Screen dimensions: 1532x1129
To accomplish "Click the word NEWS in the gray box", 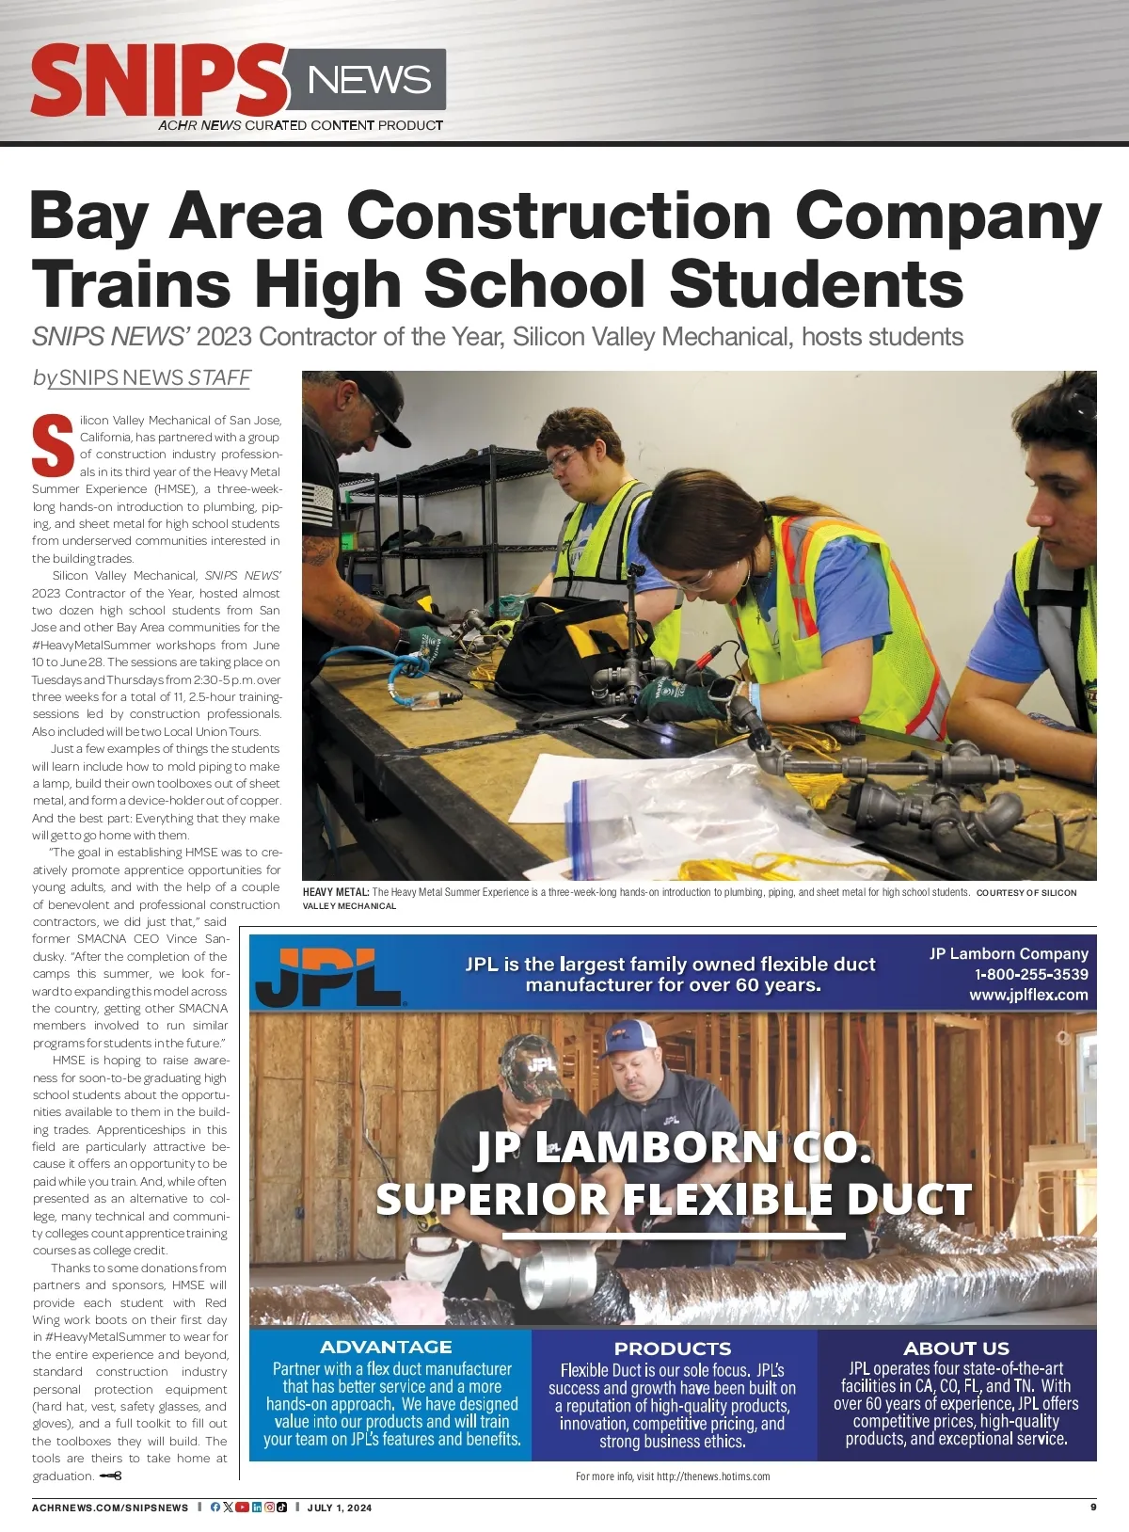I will (x=369, y=80).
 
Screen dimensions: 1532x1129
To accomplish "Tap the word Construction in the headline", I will (x=560, y=215).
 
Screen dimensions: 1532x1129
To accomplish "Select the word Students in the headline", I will (x=816, y=282).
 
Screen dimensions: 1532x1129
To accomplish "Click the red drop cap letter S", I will (x=53, y=444).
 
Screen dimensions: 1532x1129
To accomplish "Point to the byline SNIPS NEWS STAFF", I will (x=142, y=377).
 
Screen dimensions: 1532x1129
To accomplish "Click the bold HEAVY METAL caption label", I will (x=336, y=892).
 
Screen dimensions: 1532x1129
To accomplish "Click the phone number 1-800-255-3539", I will (x=1031, y=974).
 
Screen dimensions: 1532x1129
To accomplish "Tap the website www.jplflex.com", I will (x=1028, y=995).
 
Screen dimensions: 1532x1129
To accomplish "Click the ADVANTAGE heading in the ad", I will (x=386, y=1347).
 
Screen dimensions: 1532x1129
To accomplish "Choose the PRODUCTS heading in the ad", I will (x=673, y=1348).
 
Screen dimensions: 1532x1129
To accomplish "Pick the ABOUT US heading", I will (x=956, y=1348).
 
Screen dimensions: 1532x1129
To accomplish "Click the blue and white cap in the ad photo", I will (x=632, y=1037).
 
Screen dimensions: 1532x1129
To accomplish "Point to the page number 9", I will (x=1093, y=1507).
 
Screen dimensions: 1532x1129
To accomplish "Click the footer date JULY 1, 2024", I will (x=340, y=1508).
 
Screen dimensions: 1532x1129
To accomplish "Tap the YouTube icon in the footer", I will (x=242, y=1508).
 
